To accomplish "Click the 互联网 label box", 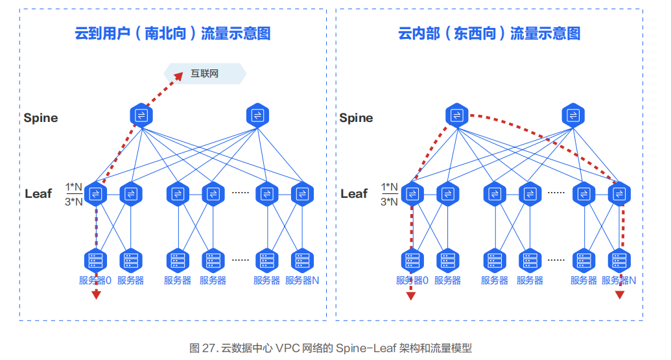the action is pos(205,74).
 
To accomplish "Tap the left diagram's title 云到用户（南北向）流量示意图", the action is pos(172,33).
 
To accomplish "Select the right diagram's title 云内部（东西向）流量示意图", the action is pos(489,33).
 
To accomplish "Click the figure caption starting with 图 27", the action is pos(331,348).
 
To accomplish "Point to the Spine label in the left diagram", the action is pos(41,117).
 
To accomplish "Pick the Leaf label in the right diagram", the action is pos(354,193).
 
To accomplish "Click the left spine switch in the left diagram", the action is pos(141,115).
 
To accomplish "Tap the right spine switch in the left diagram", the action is pos(257,115).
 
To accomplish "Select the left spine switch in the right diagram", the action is pos(457,115).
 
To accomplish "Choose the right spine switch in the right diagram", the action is pos(573,115).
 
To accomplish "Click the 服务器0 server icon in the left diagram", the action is pos(96,260).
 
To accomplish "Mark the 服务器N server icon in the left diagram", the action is pos(303,260).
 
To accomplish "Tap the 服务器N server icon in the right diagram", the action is pos(619,260).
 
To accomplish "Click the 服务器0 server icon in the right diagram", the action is pos(412,260).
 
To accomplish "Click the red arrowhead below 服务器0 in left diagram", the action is pos(97,294).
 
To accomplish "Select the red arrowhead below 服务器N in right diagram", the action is pos(620,294).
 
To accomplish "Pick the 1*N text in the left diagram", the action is pos(74,187).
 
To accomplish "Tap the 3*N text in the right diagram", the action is pos(390,202).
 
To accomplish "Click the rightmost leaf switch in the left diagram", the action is pos(303,194).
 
